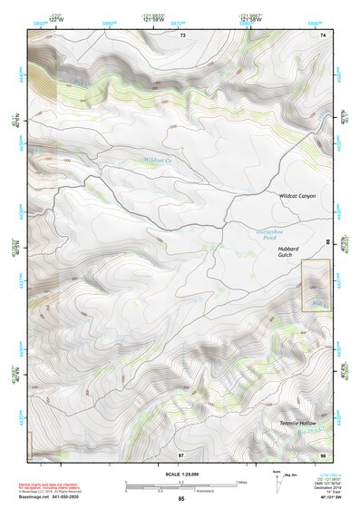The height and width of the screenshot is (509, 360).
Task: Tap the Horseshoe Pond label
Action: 271,233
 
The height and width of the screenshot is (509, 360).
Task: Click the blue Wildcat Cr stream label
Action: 157,160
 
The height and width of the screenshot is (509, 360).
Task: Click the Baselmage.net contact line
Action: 52,496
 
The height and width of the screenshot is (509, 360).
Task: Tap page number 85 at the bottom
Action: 180,500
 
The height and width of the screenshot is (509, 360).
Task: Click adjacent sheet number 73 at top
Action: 181,34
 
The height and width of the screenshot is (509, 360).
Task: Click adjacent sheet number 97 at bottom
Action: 180,454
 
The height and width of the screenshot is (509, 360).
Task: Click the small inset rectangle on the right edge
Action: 315,285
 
